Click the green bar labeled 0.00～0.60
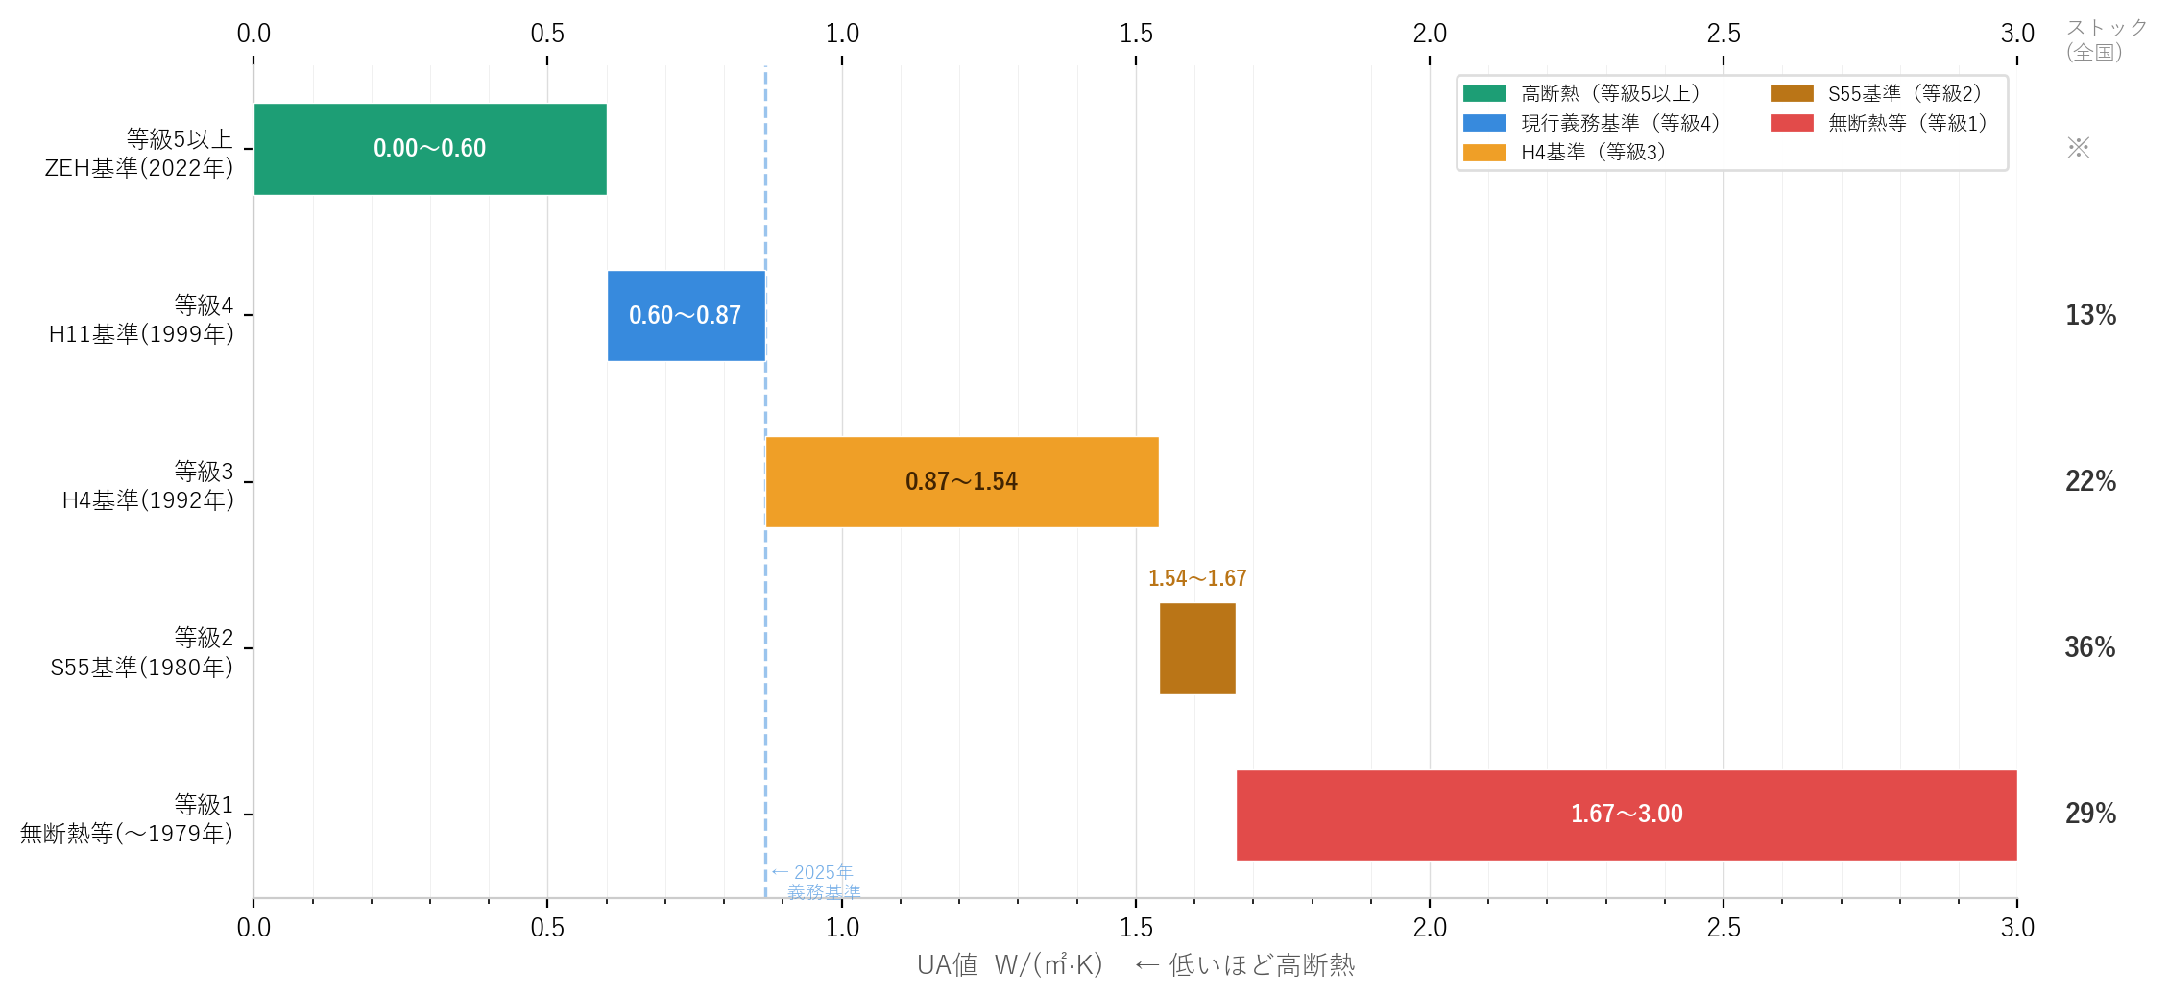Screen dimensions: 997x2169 (430, 149)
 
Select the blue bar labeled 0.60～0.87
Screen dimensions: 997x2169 (686, 315)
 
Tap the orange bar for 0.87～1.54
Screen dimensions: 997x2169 (962, 481)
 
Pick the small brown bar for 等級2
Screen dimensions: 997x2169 (1197, 648)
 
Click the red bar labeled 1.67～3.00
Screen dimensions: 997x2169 (1627, 815)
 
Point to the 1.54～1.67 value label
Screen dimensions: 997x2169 (1197, 578)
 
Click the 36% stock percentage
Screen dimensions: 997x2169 (2090, 647)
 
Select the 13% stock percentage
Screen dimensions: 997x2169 (2090, 315)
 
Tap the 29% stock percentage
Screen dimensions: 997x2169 (2090, 814)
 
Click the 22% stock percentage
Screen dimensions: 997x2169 (2090, 481)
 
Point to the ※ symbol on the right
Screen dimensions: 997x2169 (2079, 148)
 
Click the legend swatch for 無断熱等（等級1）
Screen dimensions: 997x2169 (1792, 123)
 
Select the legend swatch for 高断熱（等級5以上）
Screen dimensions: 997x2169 (1484, 93)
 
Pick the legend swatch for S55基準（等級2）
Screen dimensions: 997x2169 (1792, 93)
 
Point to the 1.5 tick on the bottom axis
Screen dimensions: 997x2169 (1136, 927)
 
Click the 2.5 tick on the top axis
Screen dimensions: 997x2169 (1723, 34)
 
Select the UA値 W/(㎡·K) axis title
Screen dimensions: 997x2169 (1010, 965)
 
